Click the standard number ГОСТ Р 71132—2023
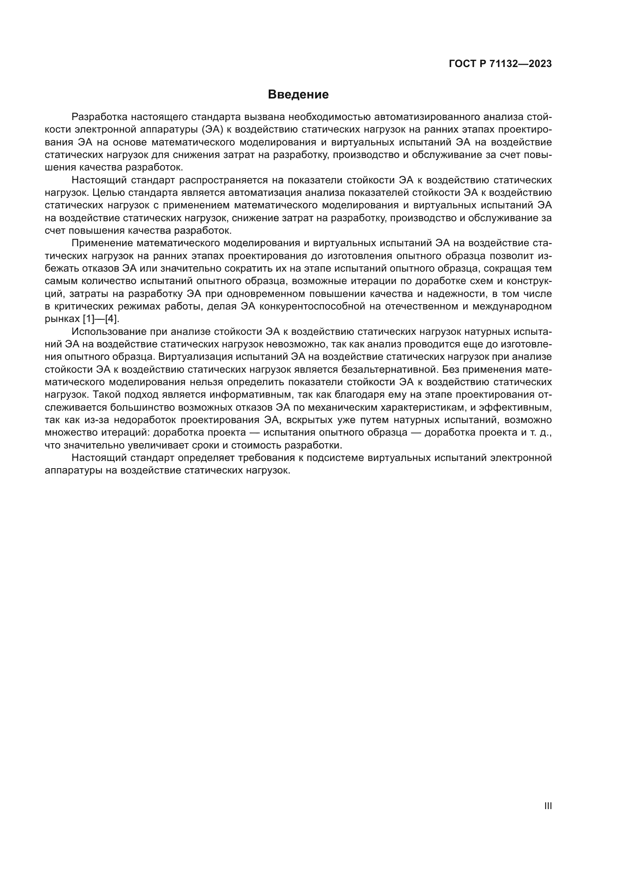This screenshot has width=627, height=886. (x=500, y=64)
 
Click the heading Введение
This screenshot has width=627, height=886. (x=298, y=95)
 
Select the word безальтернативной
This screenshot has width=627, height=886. (x=389, y=370)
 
